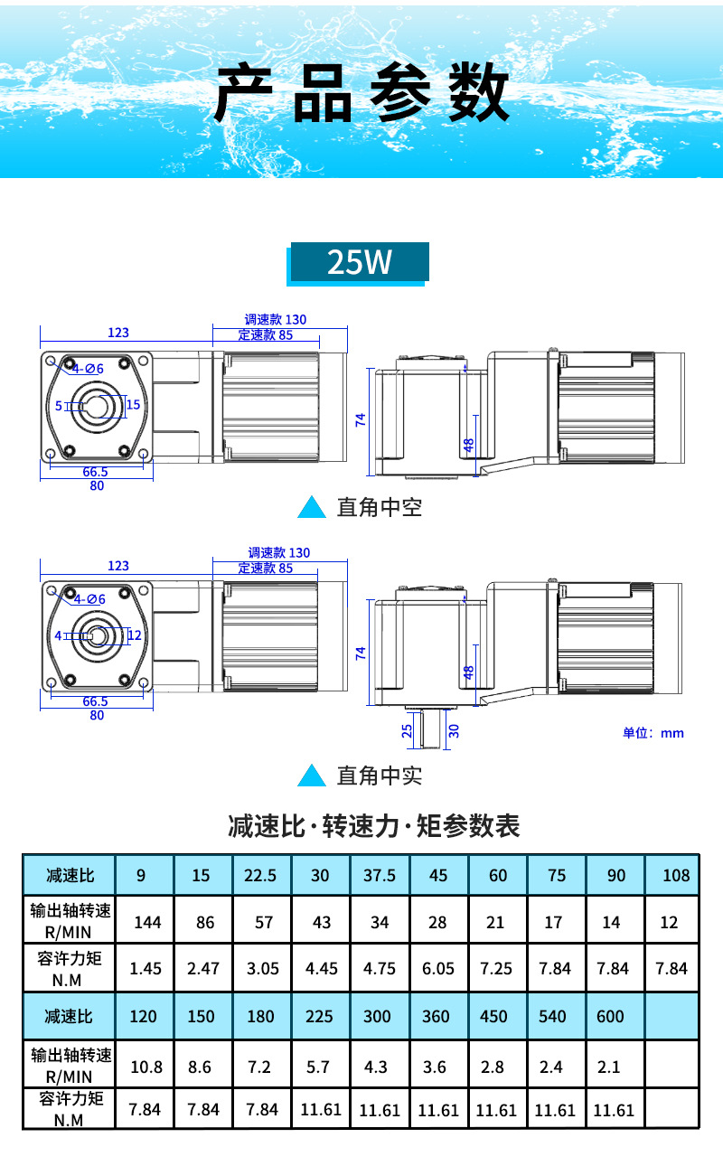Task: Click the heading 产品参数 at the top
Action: coord(361,93)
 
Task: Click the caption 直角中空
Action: coord(379,508)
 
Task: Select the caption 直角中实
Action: coord(379,776)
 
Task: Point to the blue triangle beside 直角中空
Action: coord(312,508)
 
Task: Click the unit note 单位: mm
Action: coord(653,733)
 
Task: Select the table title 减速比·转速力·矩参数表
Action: coord(374,826)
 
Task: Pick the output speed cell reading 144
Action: coord(147,922)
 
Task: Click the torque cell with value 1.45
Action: coord(146,968)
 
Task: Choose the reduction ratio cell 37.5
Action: coord(380,875)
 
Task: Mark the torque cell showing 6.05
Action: coord(437,968)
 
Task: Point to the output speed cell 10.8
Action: coord(146,1067)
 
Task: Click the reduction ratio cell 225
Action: coord(319,1016)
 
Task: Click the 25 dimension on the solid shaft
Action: coord(407,729)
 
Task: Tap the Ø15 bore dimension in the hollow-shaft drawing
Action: coord(133,404)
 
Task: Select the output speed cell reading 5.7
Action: coord(318,1067)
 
